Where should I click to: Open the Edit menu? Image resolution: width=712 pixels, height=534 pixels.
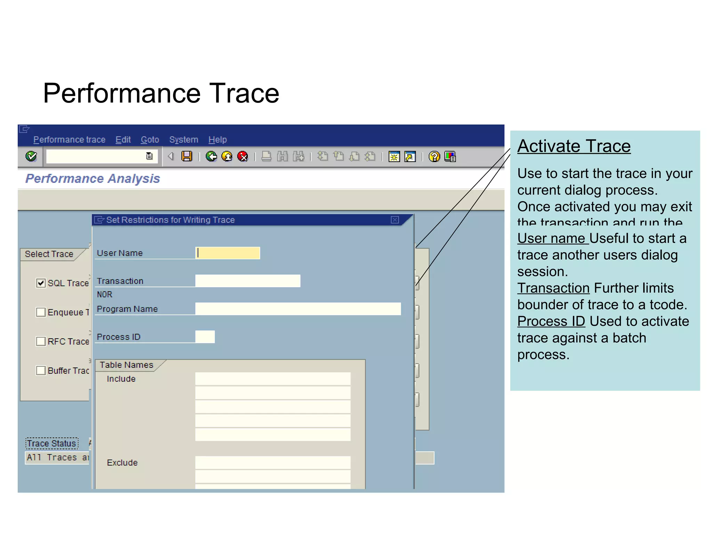click(x=123, y=139)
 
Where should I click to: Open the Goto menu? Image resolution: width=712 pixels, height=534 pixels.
click(x=149, y=139)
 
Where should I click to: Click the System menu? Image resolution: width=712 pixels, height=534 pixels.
click(x=183, y=139)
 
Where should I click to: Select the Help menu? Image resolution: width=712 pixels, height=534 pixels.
click(x=217, y=139)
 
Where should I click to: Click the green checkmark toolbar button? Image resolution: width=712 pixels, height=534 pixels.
click(x=31, y=156)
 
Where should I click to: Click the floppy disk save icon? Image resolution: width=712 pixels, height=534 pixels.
click(x=187, y=156)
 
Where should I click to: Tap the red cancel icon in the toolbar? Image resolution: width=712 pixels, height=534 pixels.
click(x=242, y=156)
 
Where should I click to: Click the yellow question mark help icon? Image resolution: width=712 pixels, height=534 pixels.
click(x=434, y=157)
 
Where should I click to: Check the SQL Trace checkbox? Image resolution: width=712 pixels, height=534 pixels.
click(x=41, y=283)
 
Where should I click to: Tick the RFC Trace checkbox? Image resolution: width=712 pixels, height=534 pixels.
click(x=41, y=341)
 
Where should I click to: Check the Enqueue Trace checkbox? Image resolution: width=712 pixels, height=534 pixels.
click(x=41, y=312)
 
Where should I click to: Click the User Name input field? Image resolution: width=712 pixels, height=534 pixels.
click(x=228, y=253)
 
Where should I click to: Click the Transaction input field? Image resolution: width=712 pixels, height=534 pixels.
click(x=248, y=281)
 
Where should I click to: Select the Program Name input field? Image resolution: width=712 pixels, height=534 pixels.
click(x=298, y=309)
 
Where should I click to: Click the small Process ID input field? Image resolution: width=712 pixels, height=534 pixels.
click(x=205, y=337)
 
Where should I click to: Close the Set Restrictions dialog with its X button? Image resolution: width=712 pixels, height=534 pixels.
click(x=395, y=220)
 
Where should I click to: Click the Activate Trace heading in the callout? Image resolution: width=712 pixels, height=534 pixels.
click(x=574, y=146)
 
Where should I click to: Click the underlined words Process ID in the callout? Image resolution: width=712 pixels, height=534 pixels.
click(x=551, y=321)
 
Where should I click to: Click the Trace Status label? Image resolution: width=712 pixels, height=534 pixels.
click(x=52, y=443)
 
